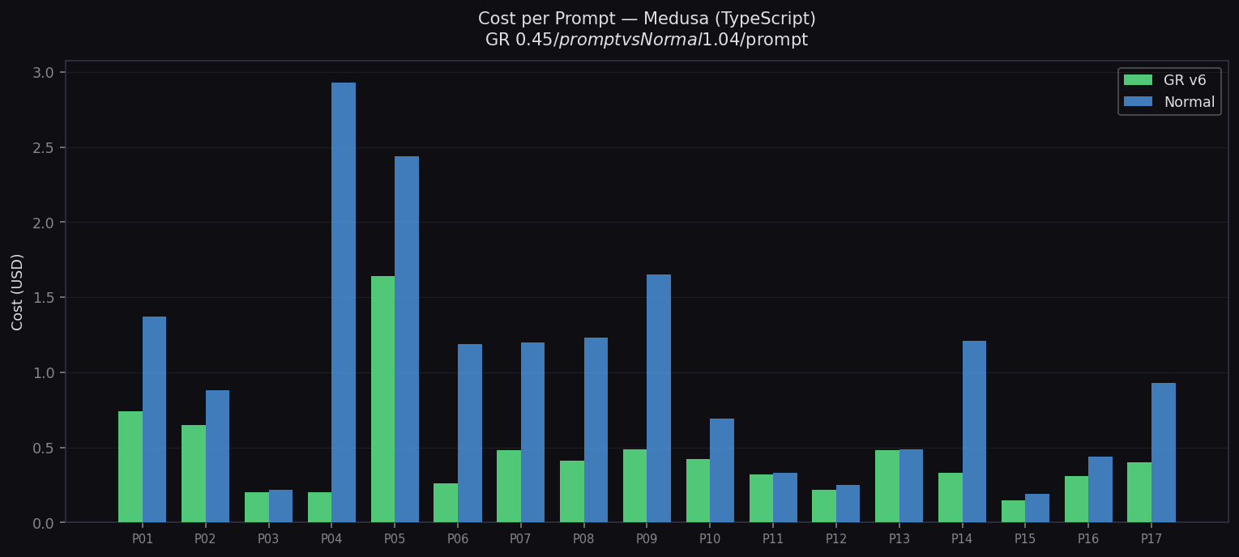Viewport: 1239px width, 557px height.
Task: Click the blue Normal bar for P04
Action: (x=344, y=303)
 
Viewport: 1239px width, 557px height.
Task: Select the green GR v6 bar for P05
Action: (x=382, y=399)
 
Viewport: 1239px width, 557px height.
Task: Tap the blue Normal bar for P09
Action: (x=659, y=398)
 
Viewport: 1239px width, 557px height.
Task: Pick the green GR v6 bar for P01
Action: (x=130, y=467)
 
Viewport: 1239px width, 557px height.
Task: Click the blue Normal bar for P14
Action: (x=974, y=432)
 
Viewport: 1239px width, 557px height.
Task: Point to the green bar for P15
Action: (x=1013, y=512)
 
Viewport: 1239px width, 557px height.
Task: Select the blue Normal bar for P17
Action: (x=1164, y=453)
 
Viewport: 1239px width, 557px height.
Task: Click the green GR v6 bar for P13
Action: (x=887, y=486)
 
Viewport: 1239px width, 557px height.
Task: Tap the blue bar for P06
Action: (x=470, y=433)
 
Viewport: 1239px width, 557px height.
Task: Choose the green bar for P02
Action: (x=194, y=474)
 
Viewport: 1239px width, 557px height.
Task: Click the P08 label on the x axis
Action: (x=583, y=538)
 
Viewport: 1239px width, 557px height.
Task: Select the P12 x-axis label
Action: (x=835, y=538)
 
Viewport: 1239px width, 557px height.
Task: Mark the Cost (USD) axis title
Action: (x=18, y=291)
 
